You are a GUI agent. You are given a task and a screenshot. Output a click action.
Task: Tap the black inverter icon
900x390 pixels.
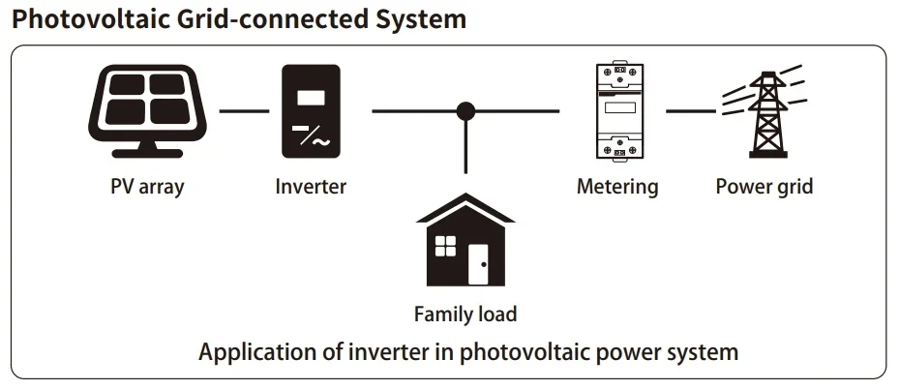coord(311,111)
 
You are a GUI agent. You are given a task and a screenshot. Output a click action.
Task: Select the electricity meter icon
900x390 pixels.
coord(617,111)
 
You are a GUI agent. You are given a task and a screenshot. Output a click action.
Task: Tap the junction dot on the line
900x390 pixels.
coord(465,111)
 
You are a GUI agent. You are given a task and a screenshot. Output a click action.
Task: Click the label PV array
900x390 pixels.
coord(147,186)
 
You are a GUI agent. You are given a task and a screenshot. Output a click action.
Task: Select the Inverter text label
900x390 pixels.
coord(311,186)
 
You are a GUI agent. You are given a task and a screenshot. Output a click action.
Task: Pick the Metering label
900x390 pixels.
coord(617,186)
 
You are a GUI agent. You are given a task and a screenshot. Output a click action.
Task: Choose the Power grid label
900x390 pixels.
coord(764,186)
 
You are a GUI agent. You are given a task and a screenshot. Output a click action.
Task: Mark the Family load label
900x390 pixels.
coord(465,314)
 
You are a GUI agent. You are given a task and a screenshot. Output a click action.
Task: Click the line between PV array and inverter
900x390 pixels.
coord(244,111)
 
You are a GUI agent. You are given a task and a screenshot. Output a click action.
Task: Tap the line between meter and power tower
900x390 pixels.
coord(691,111)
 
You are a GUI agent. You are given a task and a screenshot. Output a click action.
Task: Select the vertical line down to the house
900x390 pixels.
coord(465,155)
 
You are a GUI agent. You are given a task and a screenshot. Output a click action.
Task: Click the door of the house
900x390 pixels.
coord(479,263)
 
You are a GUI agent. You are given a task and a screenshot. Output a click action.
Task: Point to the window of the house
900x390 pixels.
coord(445,246)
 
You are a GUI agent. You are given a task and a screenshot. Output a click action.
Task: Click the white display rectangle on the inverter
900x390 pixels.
coord(311,97)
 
